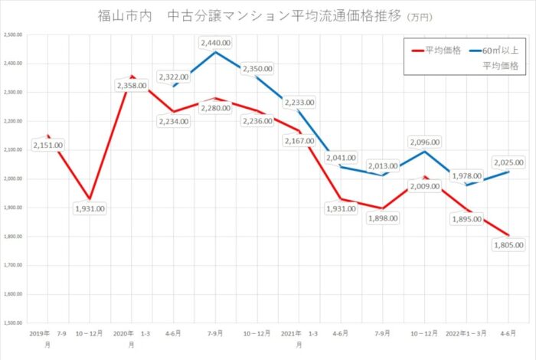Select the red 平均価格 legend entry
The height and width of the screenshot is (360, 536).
coord(436,51)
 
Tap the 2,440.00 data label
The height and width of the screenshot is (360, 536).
coord(215,44)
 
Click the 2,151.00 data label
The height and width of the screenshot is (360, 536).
coord(48,145)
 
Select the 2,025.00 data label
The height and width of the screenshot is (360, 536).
coord(508,162)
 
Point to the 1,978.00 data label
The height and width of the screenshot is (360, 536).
coord(466,177)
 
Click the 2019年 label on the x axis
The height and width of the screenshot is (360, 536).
coord(41,334)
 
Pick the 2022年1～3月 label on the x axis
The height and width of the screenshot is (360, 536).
coord(466,334)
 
